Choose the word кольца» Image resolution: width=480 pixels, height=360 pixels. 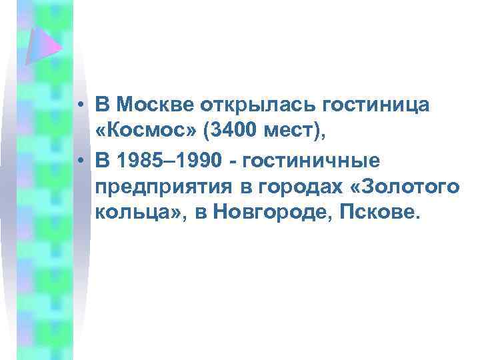pos(140,215)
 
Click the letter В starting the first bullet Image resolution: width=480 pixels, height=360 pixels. pos(102,105)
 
